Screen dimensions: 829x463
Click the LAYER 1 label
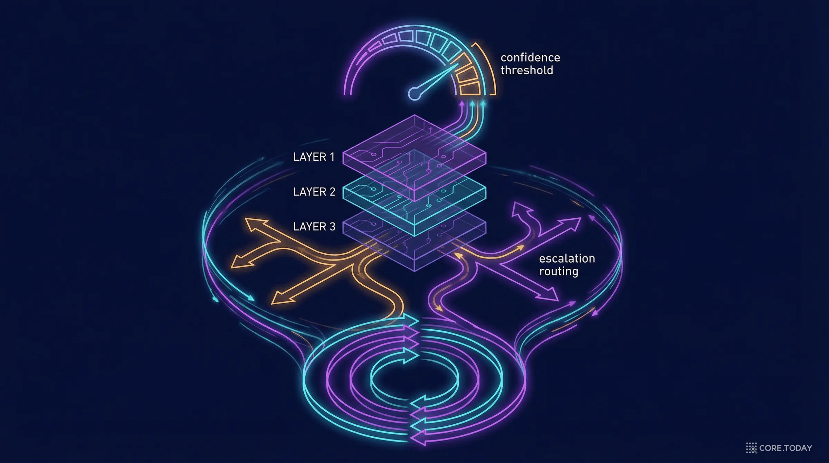pyautogui.click(x=314, y=157)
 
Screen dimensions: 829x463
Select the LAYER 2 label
pyautogui.click(x=314, y=192)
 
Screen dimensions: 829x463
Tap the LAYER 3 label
pyautogui.click(x=314, y=227)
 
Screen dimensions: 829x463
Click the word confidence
pyautogui.click(x=530, y=57)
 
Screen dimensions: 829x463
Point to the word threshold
pyautogui.click(x=527, y=70)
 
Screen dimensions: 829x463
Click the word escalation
pyautogui.click(x=567, y=258)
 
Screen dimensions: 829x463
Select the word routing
pyautogui.click(x=559, y=272)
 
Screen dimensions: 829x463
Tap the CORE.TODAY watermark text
pyautogui.click(x=785, y=448)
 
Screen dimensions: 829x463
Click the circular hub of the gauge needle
pyautogui.click(x=414, y=94)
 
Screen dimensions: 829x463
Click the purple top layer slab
pyautogui.click(x=414, y=157)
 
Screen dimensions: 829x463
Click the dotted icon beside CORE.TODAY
pyautogui.click(x=751, y=448)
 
